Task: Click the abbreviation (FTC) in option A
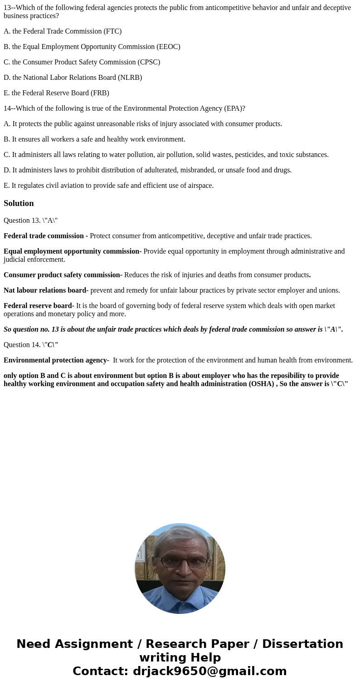coord(112,31)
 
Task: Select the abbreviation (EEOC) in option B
coord(168,47)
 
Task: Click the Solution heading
coord(19,203)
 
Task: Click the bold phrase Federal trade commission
coord(44,236)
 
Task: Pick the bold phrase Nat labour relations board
coord(45,290)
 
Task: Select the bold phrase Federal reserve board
coord(38,306)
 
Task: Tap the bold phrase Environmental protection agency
coord(55,360)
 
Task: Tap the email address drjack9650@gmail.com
coord(209,671)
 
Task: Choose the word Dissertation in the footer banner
coord(302,644)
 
